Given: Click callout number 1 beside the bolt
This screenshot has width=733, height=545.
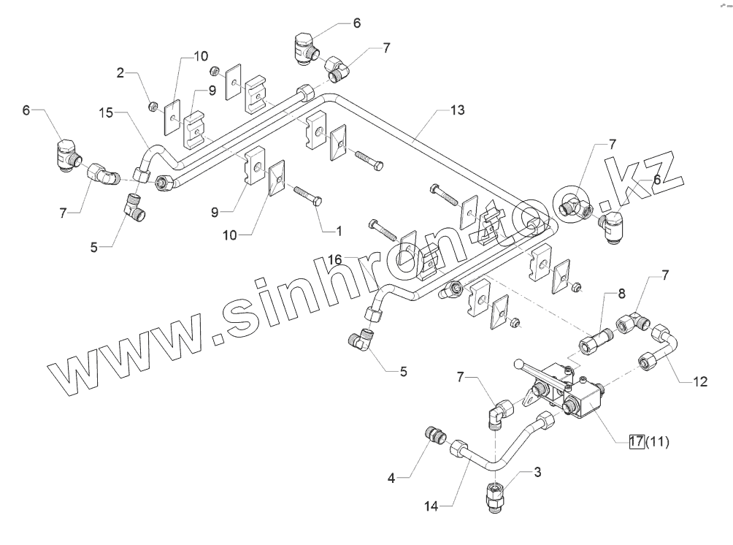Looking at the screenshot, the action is coord(338,231).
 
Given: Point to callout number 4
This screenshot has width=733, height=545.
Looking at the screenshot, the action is coord(391,479).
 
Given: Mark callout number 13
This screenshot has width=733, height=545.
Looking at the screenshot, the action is coord(457,110).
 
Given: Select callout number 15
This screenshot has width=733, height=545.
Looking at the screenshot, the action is coord(106,112).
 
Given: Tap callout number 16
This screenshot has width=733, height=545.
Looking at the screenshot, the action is coord(335,259).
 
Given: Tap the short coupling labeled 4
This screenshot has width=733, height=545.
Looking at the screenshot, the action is coord(436,435).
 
